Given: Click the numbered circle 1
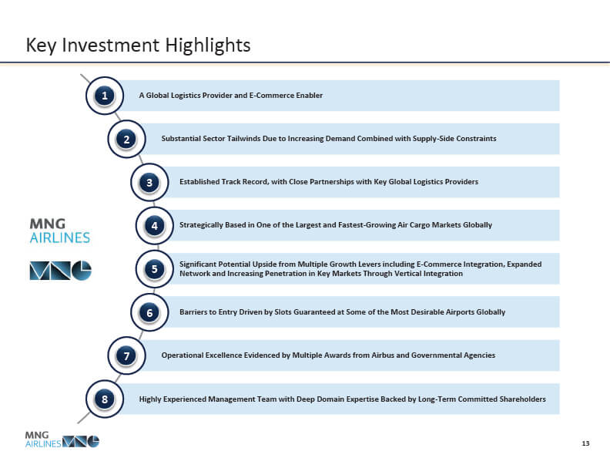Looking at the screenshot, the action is [x=105, y=96].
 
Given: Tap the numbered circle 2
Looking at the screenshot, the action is [x=127, y=139].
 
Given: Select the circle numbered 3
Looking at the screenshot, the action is [x=149, y=182].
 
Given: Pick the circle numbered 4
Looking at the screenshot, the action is [x=155, y=225].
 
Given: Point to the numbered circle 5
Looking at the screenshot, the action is [x=155, y=269].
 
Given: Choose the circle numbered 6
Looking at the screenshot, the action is [x=149, y=312].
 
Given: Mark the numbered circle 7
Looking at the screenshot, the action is [x=127, y=355].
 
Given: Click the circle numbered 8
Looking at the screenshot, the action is [x=105, y=399].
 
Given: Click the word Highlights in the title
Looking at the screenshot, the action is [x=208, y=46].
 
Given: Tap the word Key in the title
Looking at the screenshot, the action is [x=42, y=45].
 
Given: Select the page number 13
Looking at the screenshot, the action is [x=585, y=443].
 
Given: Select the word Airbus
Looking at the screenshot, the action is [x=383, y=355].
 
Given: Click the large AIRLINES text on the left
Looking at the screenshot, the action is [x=60, y=237].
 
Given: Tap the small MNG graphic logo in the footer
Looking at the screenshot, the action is [x=81, y=441].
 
